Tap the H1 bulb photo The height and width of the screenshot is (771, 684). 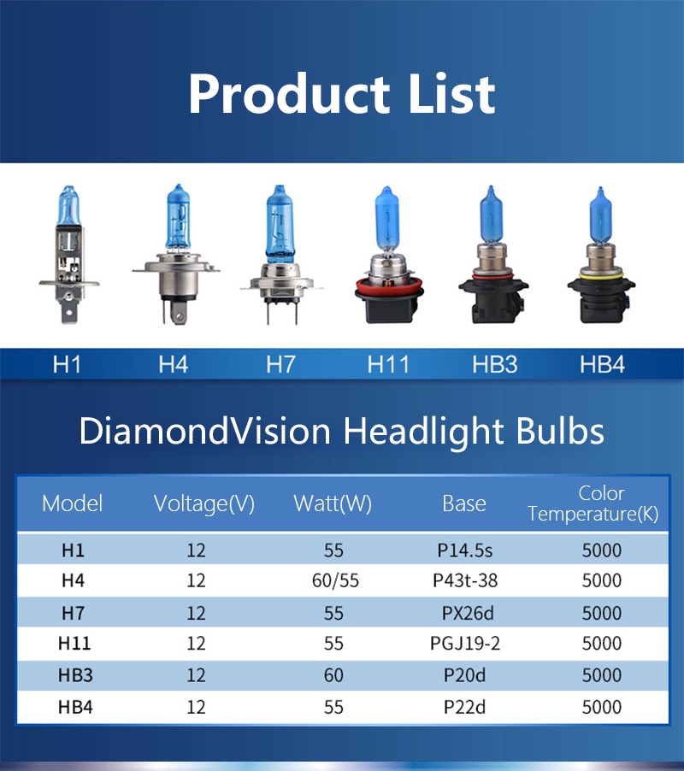69,254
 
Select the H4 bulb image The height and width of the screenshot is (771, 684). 176,254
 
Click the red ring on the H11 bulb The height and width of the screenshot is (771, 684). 389,285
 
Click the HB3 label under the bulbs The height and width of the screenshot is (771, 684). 495,365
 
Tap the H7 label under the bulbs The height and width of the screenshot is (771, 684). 280,365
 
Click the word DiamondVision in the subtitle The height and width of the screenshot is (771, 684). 204,431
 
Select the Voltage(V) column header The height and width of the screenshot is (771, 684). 204,503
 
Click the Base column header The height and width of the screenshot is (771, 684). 464,503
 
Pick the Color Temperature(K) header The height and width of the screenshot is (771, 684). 593,503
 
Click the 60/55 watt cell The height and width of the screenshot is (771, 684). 335,580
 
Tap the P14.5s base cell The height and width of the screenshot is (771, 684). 464,550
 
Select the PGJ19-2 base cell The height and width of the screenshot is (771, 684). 465,643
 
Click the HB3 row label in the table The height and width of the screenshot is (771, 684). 75,675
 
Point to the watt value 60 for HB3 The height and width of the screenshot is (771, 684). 333,675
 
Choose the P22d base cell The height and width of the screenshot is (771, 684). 464,707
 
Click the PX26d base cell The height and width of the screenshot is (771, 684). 468,613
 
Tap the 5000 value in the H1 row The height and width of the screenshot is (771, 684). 602,550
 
